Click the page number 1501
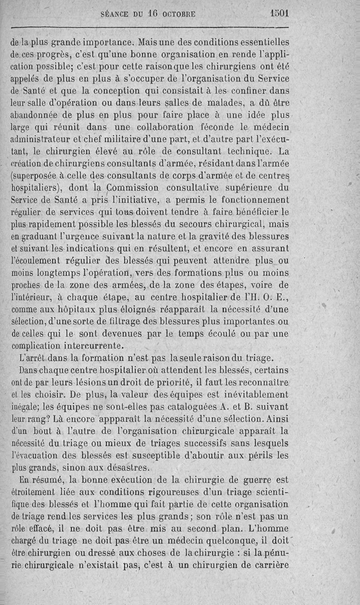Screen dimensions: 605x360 point(278,14)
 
